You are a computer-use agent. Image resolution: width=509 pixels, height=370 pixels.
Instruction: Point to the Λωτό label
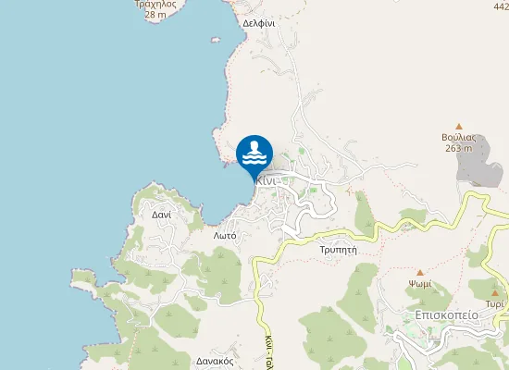[x=225, y=236]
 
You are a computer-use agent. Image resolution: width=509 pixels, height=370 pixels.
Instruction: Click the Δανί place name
[x=161, y=214]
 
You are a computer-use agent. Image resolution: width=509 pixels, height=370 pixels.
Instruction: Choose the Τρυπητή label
[x=338, y=251]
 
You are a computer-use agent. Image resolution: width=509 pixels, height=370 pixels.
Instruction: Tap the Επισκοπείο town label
[x=446, y=314]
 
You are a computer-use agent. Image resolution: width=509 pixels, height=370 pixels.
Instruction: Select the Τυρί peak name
[x=495, y=303]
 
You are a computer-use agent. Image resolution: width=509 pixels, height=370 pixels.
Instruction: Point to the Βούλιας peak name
[x=458, y=137]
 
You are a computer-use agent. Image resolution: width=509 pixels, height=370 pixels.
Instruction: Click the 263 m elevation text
[x=458, y=148]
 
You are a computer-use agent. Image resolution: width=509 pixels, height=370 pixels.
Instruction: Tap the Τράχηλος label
[x=155, y=4]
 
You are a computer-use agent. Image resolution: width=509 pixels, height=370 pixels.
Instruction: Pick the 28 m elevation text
[x=155, y=14]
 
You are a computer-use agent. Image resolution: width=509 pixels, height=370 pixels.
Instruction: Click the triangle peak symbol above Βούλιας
[x=458, y=126]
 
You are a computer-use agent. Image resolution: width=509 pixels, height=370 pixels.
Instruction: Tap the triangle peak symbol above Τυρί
[x=495, y=292]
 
